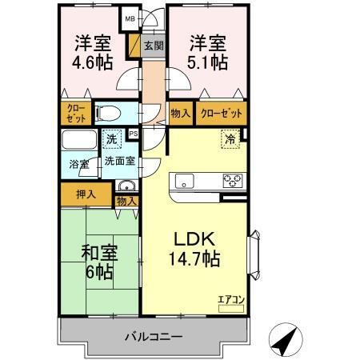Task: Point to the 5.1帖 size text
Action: (x=207, y=61)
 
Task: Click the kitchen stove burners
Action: (x=233, y=179)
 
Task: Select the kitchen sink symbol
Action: (x=185, y=179)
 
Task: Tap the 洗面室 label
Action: (x=119, y=160)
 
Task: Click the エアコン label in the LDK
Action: (x=231, y=300)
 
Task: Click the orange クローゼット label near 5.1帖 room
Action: (x=221, y=114)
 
